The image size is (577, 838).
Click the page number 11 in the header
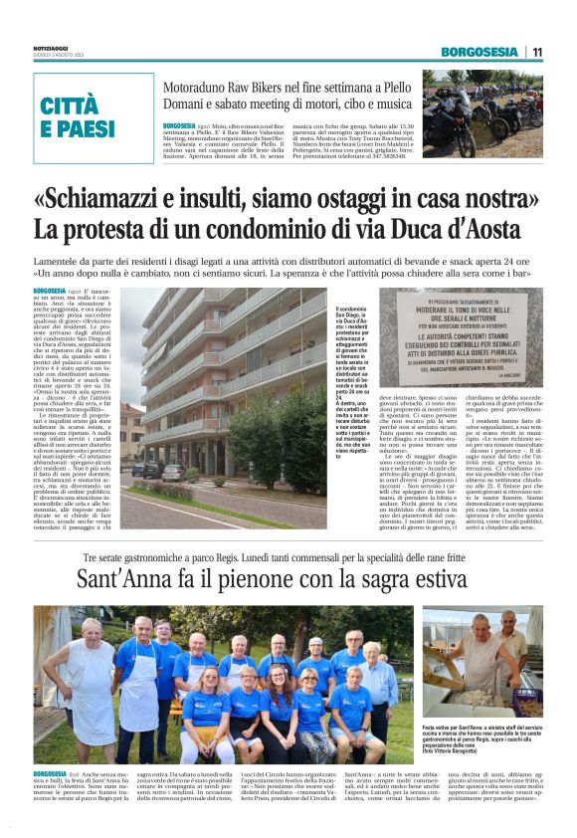(537, 52)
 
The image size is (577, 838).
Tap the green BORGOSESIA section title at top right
(480, 52)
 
